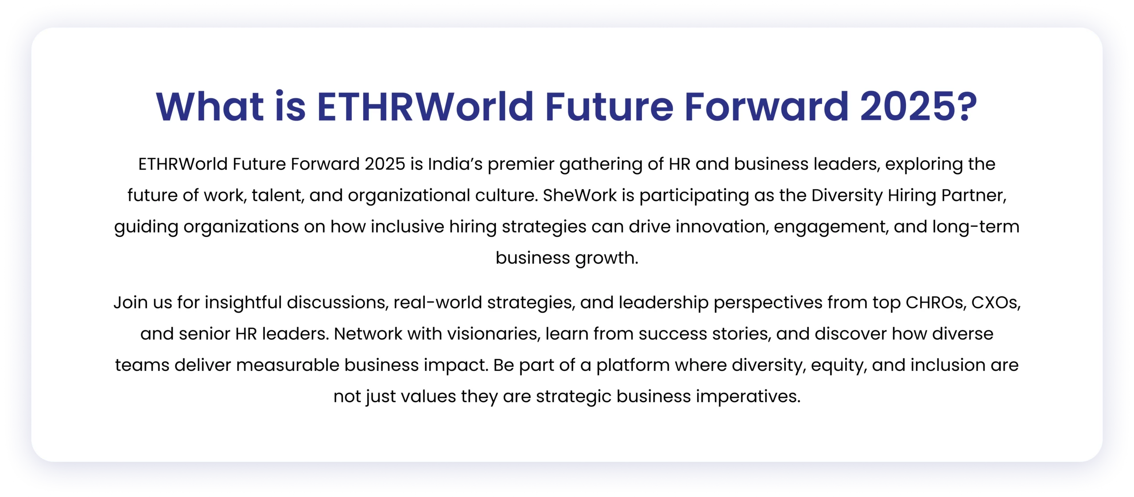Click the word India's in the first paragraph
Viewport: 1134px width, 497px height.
(x=455, y=164)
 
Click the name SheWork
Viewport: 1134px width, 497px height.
(x=580, y=195)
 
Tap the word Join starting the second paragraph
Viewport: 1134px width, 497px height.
(x=131, y=303)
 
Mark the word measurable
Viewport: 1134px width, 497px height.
(x=287, y=365)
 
